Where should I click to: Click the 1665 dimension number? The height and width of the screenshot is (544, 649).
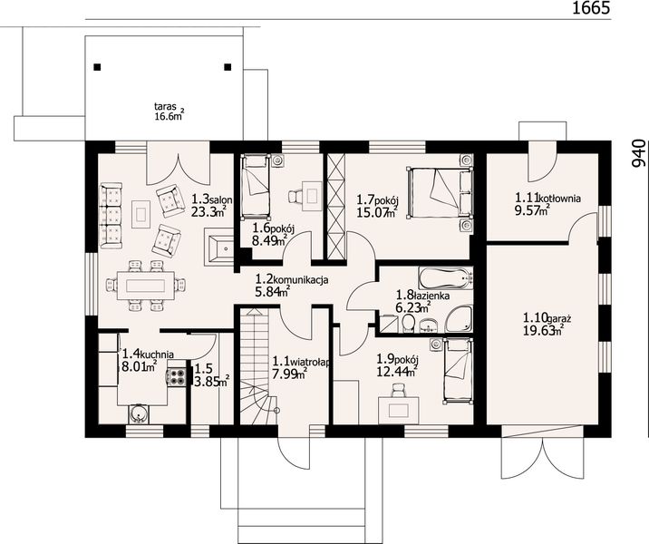pyautogui.click(x=591, y=8)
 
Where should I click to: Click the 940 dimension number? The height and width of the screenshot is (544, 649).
pyautogui.click(x=638, y=153)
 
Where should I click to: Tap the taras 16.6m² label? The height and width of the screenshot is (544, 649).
pyautogui.click(x=169, y=112)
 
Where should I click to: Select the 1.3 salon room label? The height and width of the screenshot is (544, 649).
pyautogui.click(x=211, y=206)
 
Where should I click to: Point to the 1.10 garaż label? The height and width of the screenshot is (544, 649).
pyautogui.click(x=547, y=325)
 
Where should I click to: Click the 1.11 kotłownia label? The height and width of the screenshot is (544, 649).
pyautogui.click(x=547, y=204)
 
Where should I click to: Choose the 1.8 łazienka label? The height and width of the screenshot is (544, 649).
pyautogui.click(x=422, y=301)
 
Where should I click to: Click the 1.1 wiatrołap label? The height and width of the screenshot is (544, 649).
pyautogui.click(x=301, y=367)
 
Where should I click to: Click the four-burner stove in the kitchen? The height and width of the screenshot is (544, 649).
pyautogui.click(x=176, y=376)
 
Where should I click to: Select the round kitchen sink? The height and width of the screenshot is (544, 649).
pyautogui.click(x=137, y=413)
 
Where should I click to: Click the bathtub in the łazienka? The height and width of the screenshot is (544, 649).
pyautogui.click(x=445, y=277)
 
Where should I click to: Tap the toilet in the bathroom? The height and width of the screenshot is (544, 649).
pyautogui.click(x=408, y=324)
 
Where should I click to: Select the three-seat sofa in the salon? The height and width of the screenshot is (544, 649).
pyautogui.click(x=111, y=215)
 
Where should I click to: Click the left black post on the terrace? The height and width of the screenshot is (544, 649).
pyautogui.click(x=97, y=67)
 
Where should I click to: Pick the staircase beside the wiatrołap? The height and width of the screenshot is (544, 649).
pyautogui.click(x=254, y=365)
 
